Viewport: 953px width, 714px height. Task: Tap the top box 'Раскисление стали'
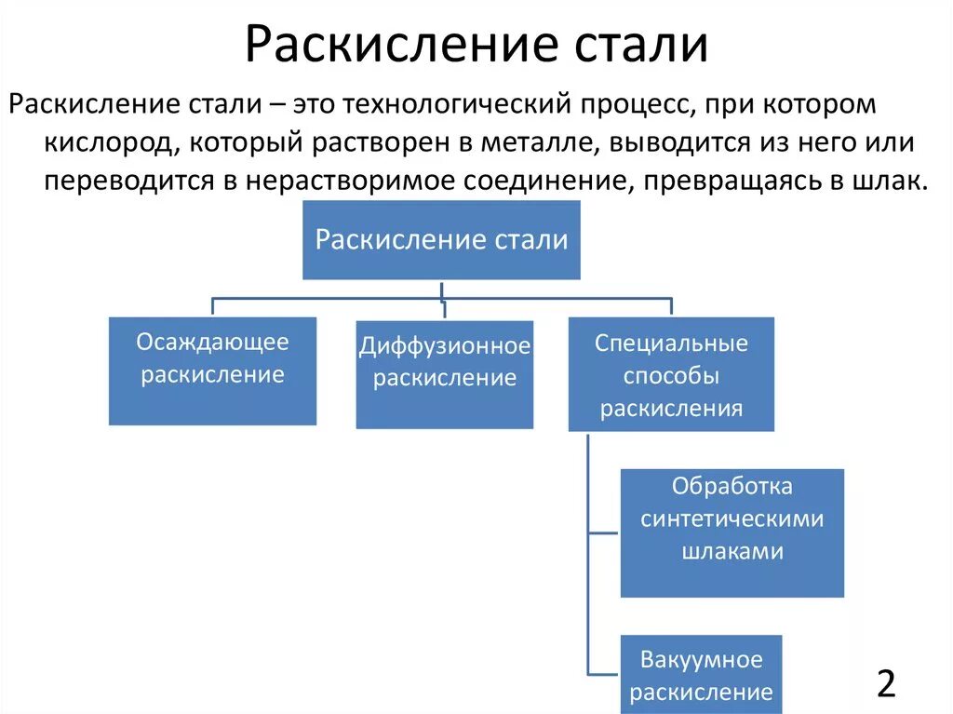(x=441, y=239)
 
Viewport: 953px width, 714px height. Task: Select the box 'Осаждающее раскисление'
(x=212, y=370)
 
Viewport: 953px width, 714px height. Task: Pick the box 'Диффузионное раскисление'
(x=445, y=374)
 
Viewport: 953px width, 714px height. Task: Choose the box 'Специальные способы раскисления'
(x=671, y=374)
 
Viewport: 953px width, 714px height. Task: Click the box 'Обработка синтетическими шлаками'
(x=732, y=532)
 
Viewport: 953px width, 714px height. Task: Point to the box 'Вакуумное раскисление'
(x=701, y=674)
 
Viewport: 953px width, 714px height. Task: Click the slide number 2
(x=886, y=683)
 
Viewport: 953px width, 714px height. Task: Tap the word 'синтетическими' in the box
(x=732, y=519)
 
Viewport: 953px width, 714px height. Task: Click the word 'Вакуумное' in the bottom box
(x=701, y=660)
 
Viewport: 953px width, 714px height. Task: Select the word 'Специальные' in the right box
(x=671, y=343)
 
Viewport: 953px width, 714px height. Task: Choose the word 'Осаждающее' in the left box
(x=212, y=342)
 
